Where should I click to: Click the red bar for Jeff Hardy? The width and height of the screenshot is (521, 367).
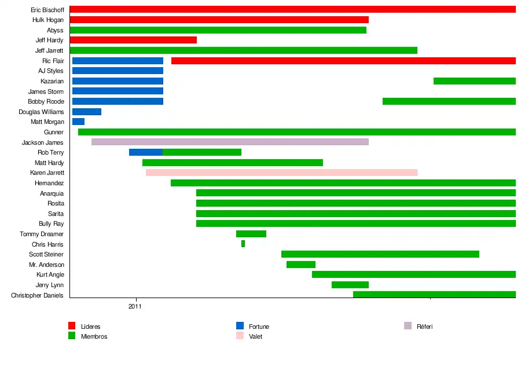click(133, 40)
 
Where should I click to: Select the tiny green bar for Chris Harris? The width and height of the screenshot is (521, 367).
click(243, 244)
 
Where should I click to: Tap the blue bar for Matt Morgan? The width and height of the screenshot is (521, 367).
click(78, 122)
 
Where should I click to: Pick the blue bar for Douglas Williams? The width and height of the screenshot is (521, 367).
click(87, 112)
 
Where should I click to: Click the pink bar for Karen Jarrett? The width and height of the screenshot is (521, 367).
click(281, 173)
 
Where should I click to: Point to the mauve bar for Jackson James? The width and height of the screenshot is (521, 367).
click(230, 142)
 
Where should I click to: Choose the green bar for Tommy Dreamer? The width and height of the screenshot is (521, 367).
click(251, 234)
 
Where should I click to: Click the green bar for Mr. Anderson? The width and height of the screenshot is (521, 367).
click(300, 265)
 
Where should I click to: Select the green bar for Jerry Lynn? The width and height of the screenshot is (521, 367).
click(350, 285)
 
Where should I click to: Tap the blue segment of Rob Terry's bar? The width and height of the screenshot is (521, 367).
click(145, 152)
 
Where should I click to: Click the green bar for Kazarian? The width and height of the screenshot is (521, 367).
click(474, 81)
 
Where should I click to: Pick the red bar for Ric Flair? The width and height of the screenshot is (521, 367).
click(343, 61)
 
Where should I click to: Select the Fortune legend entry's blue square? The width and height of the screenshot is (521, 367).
click(240, 326)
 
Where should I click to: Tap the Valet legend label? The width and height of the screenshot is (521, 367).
click(255, 336)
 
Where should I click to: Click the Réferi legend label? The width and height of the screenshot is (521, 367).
click(424, 326)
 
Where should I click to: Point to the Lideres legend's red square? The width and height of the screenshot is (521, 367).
click(72, 326)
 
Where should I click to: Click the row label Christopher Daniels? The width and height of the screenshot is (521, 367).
click(37, 295)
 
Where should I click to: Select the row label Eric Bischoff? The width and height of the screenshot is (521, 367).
click(47, 10)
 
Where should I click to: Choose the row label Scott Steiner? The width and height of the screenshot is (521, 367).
click(46, 254)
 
